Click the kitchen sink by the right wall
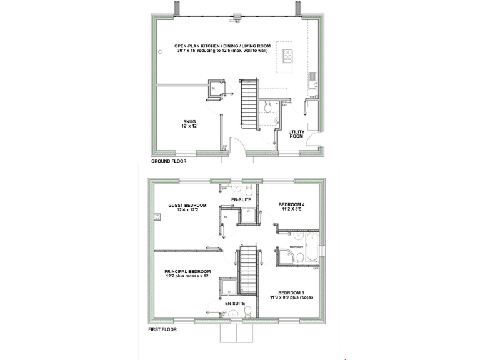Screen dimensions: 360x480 coord(312,80)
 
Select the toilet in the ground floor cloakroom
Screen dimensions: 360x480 coord(268,107)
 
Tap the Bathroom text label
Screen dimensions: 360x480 coord(296,247)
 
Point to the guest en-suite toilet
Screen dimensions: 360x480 coord(248,190)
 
